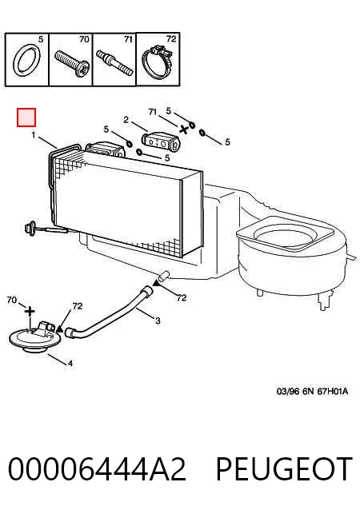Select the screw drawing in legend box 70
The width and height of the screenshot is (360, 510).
[x=72, y=63]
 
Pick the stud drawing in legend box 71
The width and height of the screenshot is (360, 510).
[x=114, y=62]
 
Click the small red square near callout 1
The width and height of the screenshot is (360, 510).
[x=26, y=118]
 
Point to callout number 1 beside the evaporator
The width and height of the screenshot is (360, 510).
[x=33, y=134]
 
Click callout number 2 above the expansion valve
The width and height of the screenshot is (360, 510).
[x=126, y=120]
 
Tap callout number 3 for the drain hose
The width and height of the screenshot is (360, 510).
[x=158, y=321]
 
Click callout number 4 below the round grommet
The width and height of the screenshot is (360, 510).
[x=70, y=363]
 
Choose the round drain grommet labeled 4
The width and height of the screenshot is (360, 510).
[x=35, y=338]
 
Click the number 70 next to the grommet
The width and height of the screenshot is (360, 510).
[x=12, y=300]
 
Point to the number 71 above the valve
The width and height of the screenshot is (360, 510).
[x=153, y=112]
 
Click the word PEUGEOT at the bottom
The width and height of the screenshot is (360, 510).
[x=285, y=469]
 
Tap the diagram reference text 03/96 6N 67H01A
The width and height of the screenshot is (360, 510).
[x=312, y=391]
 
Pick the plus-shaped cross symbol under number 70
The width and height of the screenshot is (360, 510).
[x=30, y=312]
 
